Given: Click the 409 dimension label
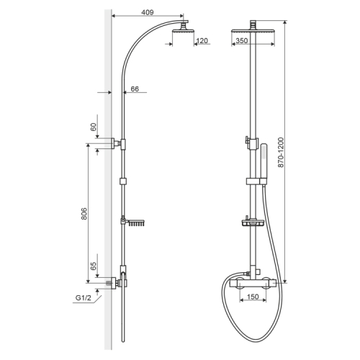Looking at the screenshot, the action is pyautogui.click(x=147, y=12).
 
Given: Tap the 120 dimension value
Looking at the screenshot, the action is pyautogui.click(x=202, y=41).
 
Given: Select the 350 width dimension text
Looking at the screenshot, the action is pyautogui.click(x=241, y=41).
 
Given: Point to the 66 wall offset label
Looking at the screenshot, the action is pyautogui.click(x=135, y=89).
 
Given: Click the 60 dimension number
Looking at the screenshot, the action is pyautogui.click(x=94, y=127).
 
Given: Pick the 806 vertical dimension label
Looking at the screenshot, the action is pyautogui.click(x=84, y=214).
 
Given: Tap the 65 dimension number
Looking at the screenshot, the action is pyautogui.click(x=94, y=266).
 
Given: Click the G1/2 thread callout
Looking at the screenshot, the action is pyautogui.click(x=84, y=298).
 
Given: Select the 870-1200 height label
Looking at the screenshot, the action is pyautogui.click(x=281, y=153).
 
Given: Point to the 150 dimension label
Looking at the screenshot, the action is pyautogui.click(x=253, y=297).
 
